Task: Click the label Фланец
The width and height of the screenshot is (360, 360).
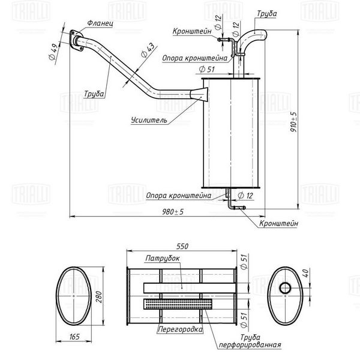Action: (100, 23)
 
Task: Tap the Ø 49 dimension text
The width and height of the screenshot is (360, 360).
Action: (53, 52)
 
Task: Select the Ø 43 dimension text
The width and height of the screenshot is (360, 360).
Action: (148, 50)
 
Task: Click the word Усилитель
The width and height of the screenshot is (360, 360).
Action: (149, 120)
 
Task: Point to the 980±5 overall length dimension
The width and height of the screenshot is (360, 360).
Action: (173, 212)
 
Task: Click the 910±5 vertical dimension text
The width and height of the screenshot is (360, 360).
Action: (293, 122)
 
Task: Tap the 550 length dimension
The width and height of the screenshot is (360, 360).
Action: (182, 247)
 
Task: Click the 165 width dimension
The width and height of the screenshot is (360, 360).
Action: (74, 337)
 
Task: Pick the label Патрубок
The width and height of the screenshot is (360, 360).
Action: (163, 258)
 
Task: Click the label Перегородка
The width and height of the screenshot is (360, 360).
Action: (181, 329)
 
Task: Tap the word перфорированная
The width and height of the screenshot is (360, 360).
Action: (250, 344)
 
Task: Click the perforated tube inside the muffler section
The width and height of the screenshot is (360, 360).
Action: (178, 304)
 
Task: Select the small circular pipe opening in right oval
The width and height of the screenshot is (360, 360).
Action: (285, 288)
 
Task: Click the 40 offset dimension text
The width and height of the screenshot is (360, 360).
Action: (306, 273)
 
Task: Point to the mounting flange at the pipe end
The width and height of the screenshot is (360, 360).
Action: (76, 40)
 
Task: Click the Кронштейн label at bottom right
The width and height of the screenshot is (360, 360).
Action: (278, 223)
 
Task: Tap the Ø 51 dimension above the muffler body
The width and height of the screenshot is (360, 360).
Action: (206, 69)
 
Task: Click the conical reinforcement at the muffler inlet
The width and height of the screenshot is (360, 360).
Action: (199, 94)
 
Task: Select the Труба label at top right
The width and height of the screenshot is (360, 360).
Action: (266, 14)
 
